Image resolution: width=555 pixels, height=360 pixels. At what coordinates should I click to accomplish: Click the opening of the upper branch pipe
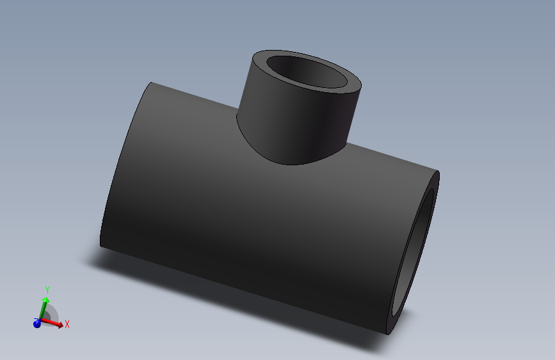307,72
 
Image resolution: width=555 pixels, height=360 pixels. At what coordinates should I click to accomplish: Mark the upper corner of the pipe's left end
151,83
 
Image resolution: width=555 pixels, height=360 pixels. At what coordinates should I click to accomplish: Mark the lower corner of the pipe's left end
101,245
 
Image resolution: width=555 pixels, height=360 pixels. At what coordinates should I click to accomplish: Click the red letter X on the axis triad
67,324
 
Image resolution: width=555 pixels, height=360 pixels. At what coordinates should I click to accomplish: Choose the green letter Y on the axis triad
47,290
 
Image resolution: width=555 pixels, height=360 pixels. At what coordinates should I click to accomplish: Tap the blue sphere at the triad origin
37,323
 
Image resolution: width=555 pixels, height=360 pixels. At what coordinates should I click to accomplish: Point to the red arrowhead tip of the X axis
62,326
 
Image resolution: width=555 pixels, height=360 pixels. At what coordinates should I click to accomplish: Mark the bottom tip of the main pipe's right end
390,334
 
